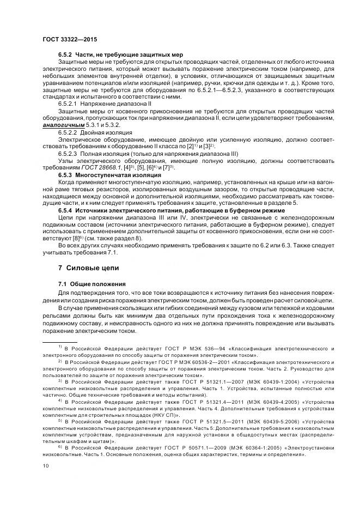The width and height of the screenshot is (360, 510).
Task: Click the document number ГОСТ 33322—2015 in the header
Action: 66,39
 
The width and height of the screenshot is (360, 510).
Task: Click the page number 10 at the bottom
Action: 46,465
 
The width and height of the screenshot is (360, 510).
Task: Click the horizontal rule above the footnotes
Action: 63,341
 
